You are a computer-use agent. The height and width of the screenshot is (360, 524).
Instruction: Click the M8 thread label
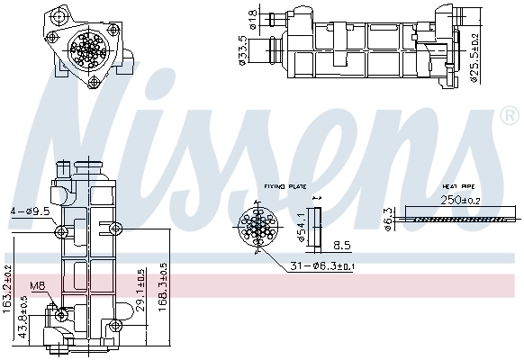tap(37, 287)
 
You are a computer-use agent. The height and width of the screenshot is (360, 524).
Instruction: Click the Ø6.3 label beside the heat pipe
tap(387, 216)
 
